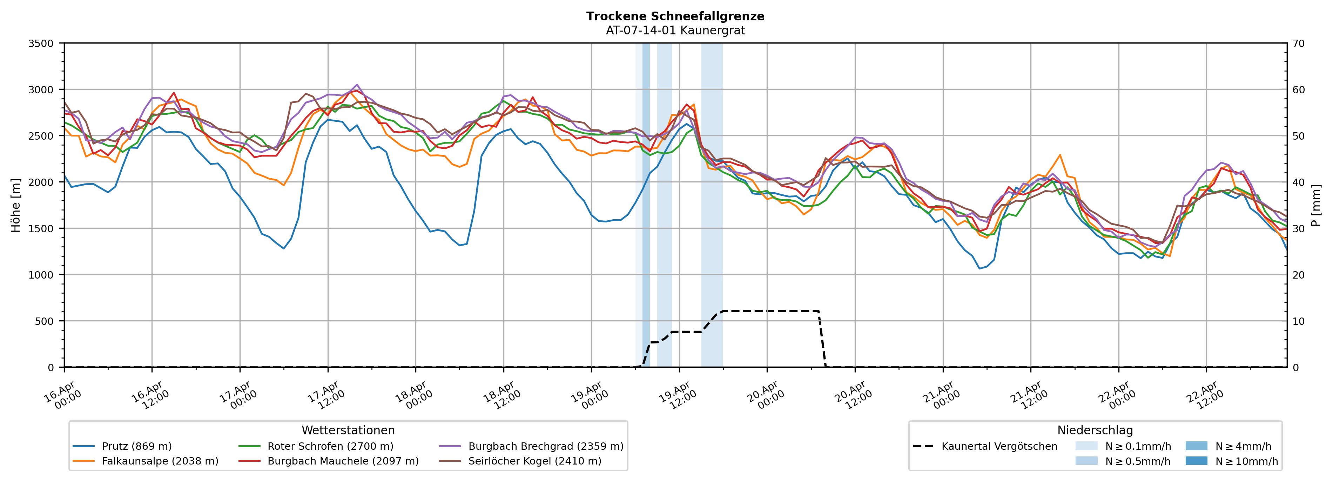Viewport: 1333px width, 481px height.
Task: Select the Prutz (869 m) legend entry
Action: click(x=137, y=446)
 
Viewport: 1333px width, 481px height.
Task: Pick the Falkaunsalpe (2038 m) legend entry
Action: click(x=160, y=461)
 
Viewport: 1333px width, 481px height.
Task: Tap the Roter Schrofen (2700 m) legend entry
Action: click(x=330, y=446)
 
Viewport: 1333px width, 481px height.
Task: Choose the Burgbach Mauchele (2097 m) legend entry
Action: click(x=343, y=461)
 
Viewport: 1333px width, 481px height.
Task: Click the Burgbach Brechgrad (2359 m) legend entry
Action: click(x=545, y=446)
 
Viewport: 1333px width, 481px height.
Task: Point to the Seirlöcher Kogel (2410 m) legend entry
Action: click(x=534, y=461)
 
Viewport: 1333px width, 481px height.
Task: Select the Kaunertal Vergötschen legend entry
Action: click(x=999, y=446)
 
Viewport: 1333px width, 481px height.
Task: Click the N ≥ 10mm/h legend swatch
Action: click(x=1196, y=461)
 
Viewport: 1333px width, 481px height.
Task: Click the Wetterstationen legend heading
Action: click(x=348, y=430)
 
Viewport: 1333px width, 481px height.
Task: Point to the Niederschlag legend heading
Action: click(x=1095, y=430)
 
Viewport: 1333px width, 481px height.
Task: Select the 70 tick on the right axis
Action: click(x=1298, y=44)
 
